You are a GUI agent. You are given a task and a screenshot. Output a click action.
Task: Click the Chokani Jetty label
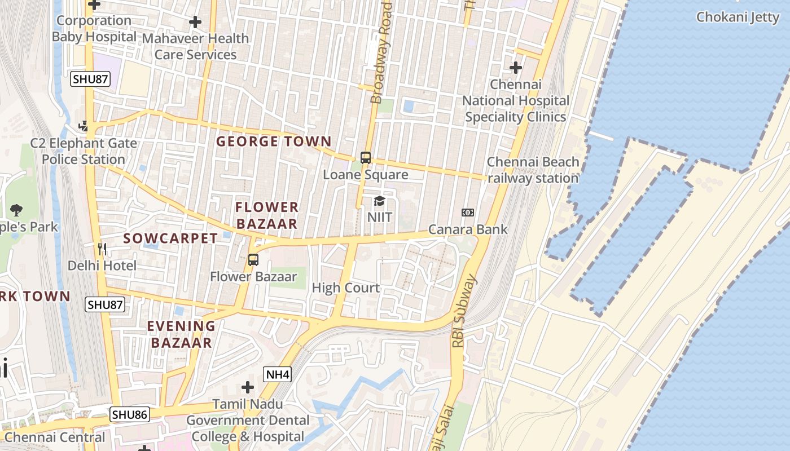coord(737,17)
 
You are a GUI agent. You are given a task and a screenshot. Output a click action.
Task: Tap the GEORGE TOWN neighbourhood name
coord(274,142)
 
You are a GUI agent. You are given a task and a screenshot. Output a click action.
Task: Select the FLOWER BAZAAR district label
coord(267,215)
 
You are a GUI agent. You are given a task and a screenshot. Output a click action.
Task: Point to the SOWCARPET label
coord(170,238)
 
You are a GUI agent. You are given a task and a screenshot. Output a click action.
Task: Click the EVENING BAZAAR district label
coord(181,334)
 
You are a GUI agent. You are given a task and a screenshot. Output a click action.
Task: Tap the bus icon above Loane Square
coord(366,158)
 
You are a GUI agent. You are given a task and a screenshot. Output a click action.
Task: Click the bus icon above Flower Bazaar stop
coord(253,260)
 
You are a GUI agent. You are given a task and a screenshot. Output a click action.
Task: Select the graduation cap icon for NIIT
coord(379,201)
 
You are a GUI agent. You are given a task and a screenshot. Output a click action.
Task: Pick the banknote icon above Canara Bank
coord(468,213)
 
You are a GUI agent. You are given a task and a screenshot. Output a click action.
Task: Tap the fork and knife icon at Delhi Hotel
coord(102,249)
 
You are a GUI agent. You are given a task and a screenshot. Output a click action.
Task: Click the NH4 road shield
coord(277,374)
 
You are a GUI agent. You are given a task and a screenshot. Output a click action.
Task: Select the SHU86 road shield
coord(129,415)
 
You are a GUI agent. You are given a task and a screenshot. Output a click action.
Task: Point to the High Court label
coord(346,288)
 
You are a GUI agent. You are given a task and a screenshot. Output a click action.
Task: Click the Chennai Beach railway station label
coord(533,170)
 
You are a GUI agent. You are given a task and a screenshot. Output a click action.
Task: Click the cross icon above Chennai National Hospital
coord(515,68)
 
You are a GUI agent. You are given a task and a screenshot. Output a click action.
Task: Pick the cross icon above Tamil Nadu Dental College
coord(247,387)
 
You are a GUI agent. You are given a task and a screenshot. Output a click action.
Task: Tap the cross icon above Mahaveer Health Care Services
coord(195,22)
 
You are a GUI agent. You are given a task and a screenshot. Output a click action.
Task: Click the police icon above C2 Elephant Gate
coord(84,126)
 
